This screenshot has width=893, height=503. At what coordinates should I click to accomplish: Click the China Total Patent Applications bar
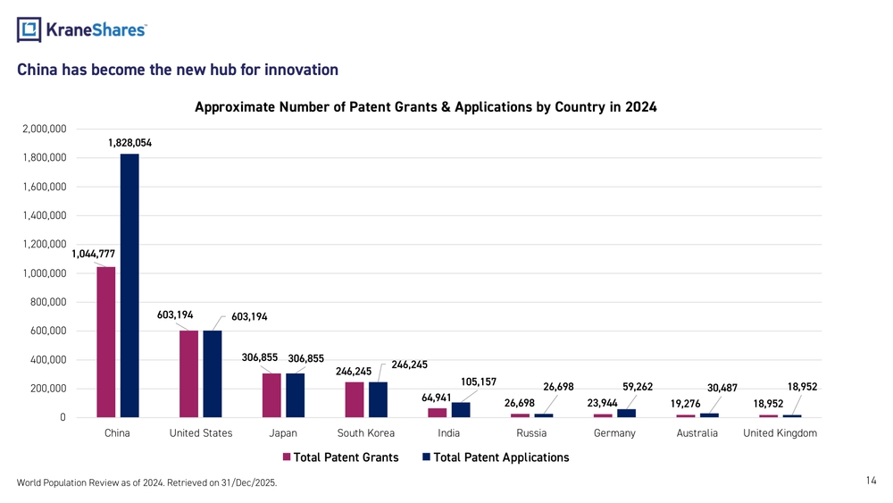tap(129, 286)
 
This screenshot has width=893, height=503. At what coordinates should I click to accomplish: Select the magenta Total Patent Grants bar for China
tap(106, 342)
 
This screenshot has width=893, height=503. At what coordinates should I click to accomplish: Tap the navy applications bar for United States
tap(213, 373)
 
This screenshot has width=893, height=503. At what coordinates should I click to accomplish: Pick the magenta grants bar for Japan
tap(271, 395)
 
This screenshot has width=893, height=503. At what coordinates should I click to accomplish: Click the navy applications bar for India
tap(461, 409)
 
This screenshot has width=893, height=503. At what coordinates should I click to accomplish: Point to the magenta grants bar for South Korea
tap(355, 399)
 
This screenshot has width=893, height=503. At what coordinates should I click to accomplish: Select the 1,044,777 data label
tap(93, 255)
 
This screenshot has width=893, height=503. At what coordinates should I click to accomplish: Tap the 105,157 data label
tap(479, 382)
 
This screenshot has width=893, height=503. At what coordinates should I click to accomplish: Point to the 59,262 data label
tap(638, 387)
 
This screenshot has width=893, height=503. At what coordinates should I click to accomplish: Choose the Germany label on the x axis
tap(614, 433)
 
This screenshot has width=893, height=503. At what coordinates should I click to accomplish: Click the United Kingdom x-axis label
tap(780, 433)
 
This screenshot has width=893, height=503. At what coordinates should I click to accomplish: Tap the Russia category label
tap(531, 433)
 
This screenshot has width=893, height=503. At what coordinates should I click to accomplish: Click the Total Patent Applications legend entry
tap(501, 457)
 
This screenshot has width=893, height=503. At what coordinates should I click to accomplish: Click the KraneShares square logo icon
tap(29, 29)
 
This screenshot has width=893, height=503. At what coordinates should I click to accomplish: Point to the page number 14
tap(872, 481)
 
